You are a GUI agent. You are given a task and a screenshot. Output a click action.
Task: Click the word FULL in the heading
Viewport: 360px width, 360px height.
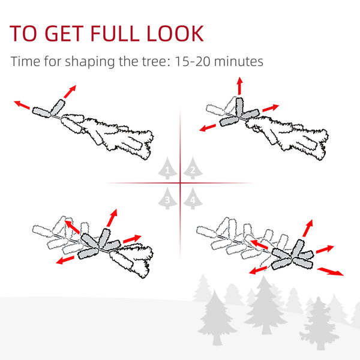tap(115, 34)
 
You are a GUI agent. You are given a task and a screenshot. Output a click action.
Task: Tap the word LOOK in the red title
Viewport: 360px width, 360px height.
tap(175, 34)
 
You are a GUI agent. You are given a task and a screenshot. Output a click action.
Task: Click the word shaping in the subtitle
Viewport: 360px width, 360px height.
tap(90, 62)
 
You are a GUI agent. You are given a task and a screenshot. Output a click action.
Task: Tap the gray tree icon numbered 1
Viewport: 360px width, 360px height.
tap(167, 168)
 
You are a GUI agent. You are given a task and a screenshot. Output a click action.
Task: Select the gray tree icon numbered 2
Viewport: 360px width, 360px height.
tap(193, 168)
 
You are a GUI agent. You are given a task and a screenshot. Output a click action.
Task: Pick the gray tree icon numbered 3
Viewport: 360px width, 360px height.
tap(167, 199)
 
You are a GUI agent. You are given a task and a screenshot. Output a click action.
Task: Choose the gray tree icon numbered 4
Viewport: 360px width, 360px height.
tap(193, 199)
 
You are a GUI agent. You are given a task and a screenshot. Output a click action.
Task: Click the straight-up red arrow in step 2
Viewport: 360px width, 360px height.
tap(239, 86)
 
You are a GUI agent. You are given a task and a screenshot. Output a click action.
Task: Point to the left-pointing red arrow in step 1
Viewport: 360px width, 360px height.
tap(22, 105)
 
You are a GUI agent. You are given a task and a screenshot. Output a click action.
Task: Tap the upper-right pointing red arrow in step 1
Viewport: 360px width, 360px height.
tap(70, 92)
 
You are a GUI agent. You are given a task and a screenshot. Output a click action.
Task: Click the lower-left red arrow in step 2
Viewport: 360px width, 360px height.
tap(208, 128)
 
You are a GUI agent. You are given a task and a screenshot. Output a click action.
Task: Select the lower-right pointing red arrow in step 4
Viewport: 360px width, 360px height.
tap(330, 271)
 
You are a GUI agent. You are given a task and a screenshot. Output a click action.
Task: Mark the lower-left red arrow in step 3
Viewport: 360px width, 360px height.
tap(65, 260)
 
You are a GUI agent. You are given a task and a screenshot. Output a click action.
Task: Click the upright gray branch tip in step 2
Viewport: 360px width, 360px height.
tap(239, 106)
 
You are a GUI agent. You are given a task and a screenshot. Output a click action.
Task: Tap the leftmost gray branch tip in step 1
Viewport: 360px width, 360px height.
tap(41, 112)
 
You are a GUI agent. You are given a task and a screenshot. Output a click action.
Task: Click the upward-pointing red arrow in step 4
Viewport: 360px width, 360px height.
tap(308, 228)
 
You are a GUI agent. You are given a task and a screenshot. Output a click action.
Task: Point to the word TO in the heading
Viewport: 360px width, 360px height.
tap(23, 34)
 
